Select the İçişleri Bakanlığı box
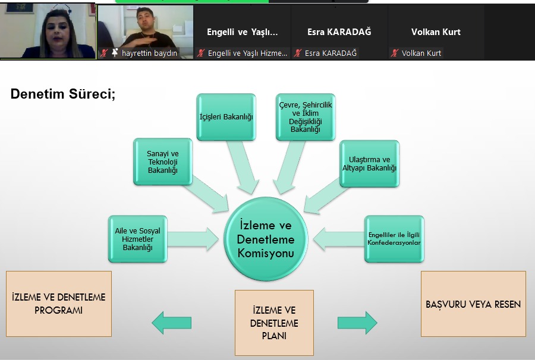coord(226,118)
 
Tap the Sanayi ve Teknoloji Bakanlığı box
coord(163,162)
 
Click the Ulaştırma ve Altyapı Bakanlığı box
coord(369,164)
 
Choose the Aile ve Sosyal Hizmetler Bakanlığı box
coord(138,239)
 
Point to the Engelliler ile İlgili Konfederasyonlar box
coord(394,239)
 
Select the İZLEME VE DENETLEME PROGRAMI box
coord(59,304)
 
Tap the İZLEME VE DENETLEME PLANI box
coord(274,323)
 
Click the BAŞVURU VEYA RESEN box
coord(473,304)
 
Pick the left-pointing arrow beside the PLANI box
coord(172,323)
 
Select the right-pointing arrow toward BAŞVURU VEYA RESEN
coord(357,323)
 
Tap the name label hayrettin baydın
coord(149,53)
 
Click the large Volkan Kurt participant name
coord(436,32)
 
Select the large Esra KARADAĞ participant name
coord(339,32)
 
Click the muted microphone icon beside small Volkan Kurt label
coord(395,53)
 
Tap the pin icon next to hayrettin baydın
coord(115,53)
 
